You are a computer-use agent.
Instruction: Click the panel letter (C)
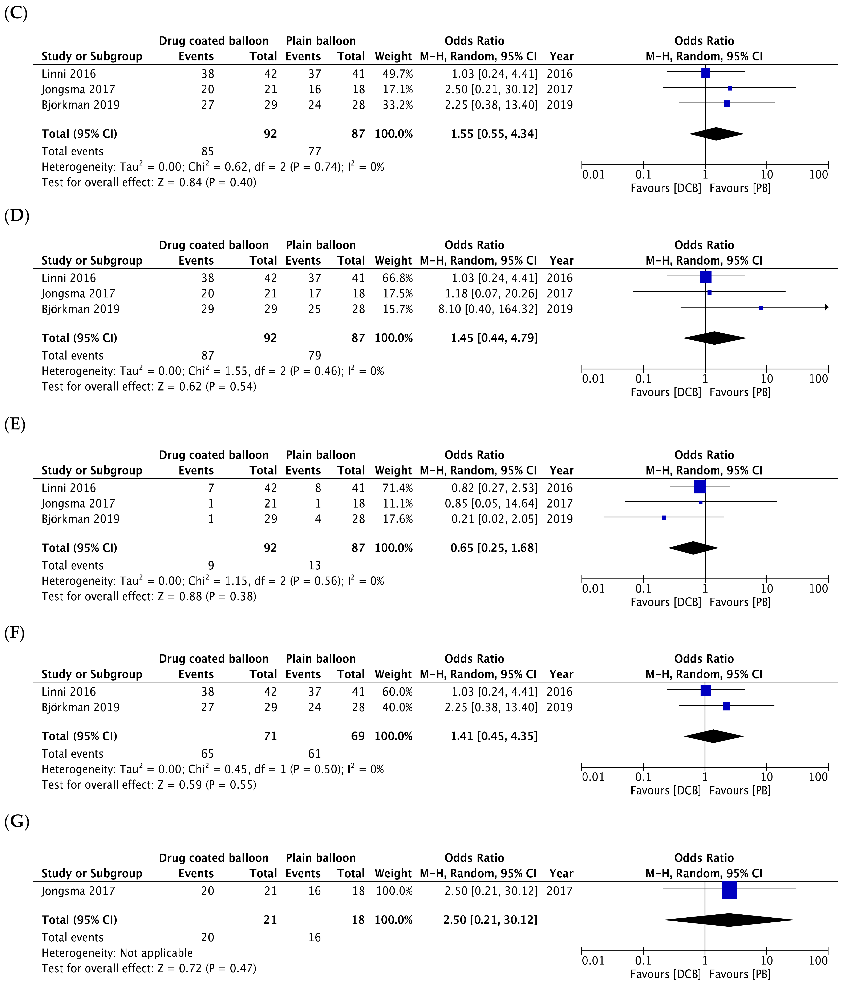(x=16, y=13)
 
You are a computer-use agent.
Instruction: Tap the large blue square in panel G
(x=729, y=890)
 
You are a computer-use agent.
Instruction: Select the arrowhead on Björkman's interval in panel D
(x=827, y=307)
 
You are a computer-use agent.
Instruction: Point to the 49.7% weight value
(x=398, y=74)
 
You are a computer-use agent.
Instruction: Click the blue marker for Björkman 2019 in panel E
(x=664, y=518)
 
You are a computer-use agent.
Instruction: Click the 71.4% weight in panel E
(x=398, y=488)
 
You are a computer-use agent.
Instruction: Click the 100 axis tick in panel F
(x=818, y=777)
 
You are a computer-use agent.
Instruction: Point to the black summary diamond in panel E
(x=693, y=548)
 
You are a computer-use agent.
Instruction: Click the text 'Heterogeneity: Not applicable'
(x=117, y=953)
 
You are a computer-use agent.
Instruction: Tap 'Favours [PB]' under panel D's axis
(x=740, y=392)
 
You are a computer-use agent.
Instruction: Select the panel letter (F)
(x=14, y=633)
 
